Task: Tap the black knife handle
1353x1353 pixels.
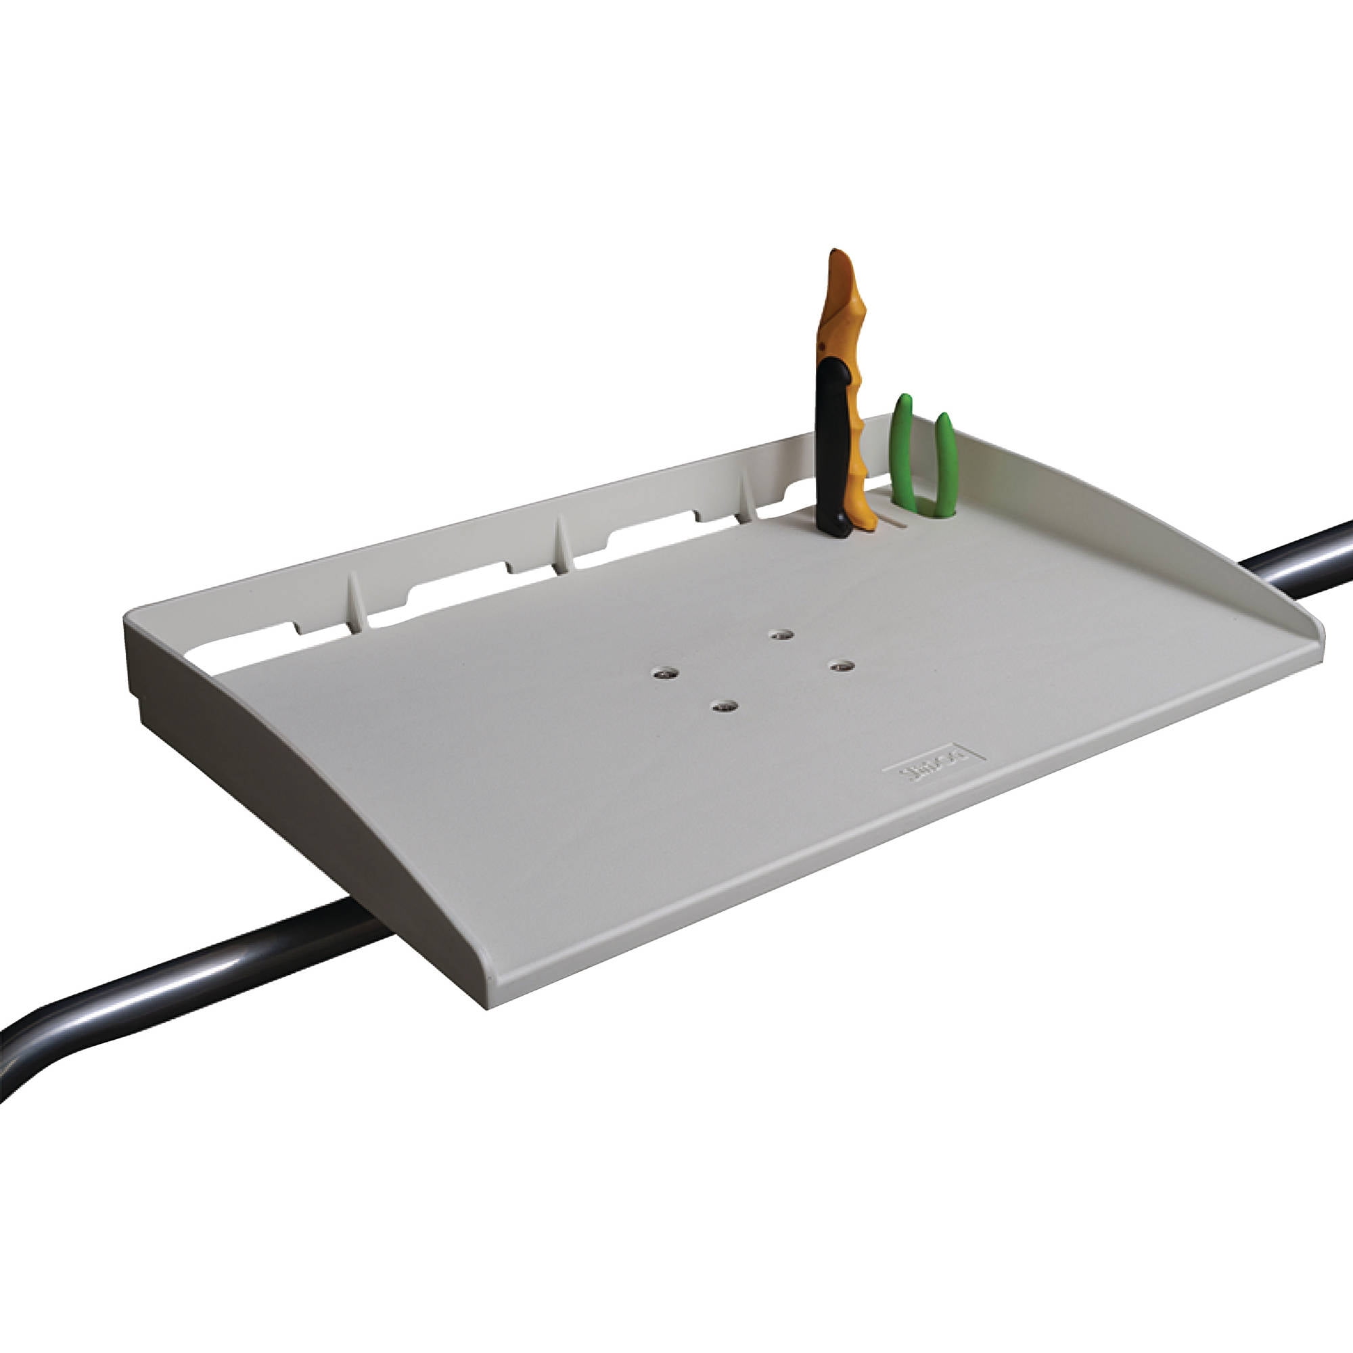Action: pyautogui.click(x=833, y=449)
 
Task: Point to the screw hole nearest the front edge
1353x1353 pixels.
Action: pyautogui.click(x=724, y=706)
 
